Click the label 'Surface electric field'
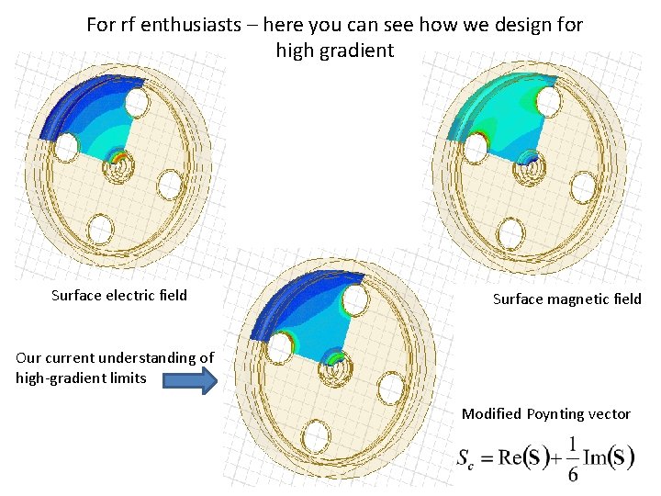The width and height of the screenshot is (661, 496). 119,296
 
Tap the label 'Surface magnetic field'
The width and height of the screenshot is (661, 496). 567,299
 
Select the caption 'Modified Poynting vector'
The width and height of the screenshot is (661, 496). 546,414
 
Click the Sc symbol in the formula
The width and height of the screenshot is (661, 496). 466,459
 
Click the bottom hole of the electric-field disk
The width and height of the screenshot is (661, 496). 101,228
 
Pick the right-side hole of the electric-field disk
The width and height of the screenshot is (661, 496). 170,185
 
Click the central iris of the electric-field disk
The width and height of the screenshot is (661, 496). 120,164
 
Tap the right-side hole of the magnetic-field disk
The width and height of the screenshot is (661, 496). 583,187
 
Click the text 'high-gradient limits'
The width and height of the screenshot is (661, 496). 82,378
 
